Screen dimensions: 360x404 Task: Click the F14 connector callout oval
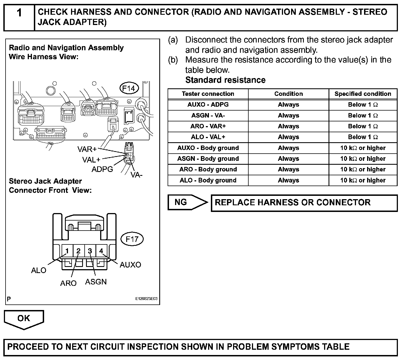point(129,89)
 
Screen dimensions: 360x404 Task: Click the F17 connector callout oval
point(132,239)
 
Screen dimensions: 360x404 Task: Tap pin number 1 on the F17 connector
point(67,251)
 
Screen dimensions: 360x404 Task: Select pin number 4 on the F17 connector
point(101,251)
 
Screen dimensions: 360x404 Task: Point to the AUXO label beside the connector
point(130,265)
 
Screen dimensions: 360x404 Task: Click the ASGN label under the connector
point(96,282)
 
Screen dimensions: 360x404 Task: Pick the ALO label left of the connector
point(39,270)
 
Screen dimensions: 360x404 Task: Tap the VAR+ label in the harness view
point(87,149)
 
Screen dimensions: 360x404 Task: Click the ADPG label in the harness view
point(102,169)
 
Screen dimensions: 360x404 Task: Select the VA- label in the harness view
point(136,175)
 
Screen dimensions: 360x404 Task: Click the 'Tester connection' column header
point(208,94)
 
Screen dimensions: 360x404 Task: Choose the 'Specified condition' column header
point(363,94)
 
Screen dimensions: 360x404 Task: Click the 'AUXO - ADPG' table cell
point(208,105)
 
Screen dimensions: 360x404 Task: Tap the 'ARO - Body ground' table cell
point(208,169)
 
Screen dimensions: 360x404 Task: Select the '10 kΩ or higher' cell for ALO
point(363,180)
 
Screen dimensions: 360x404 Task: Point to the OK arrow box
point(24,319)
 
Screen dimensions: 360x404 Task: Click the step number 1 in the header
point(19,13)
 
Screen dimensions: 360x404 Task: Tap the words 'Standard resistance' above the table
point(225,80)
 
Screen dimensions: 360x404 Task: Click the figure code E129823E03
point(146,299)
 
